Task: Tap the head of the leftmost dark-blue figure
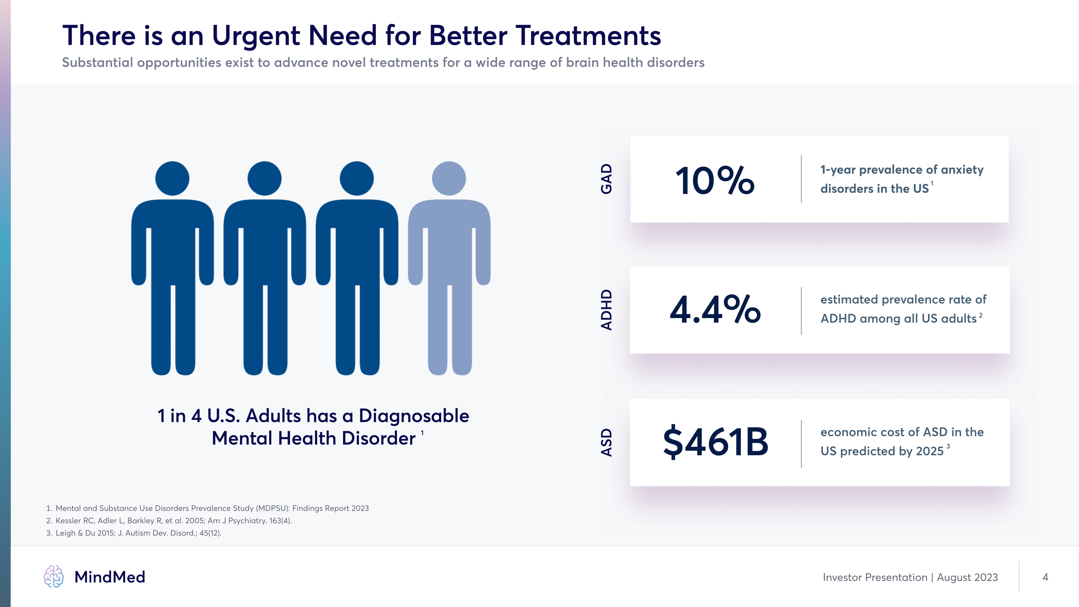172,178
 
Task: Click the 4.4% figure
715,310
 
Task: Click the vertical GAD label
606,179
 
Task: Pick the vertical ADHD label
606,310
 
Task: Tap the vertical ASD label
606,442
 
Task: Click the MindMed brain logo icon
54,577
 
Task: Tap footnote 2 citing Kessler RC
169,521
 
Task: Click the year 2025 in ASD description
930,451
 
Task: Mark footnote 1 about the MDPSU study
208,508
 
